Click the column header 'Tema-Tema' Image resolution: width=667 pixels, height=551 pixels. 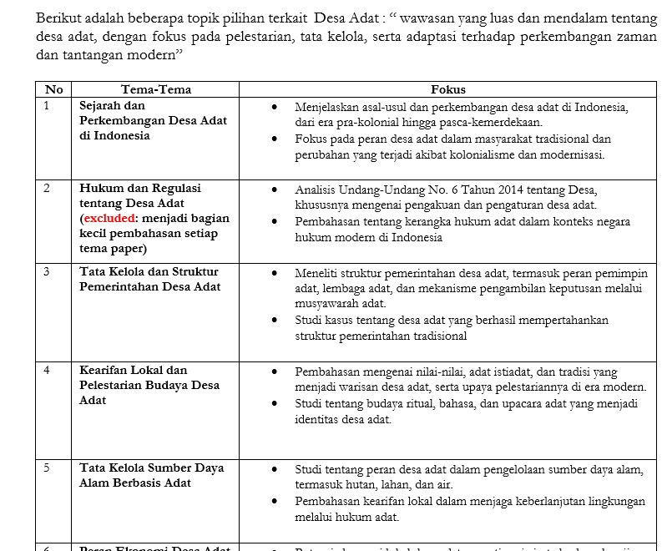pos(156,89)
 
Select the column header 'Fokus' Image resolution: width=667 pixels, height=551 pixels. pos(448,89)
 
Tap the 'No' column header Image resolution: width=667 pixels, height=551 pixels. pos(54,89)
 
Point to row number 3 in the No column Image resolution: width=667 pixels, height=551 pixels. pos(47,271)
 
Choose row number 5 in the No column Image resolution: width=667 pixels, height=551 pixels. pos(47,468)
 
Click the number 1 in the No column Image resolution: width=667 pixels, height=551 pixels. pos(47,105)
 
